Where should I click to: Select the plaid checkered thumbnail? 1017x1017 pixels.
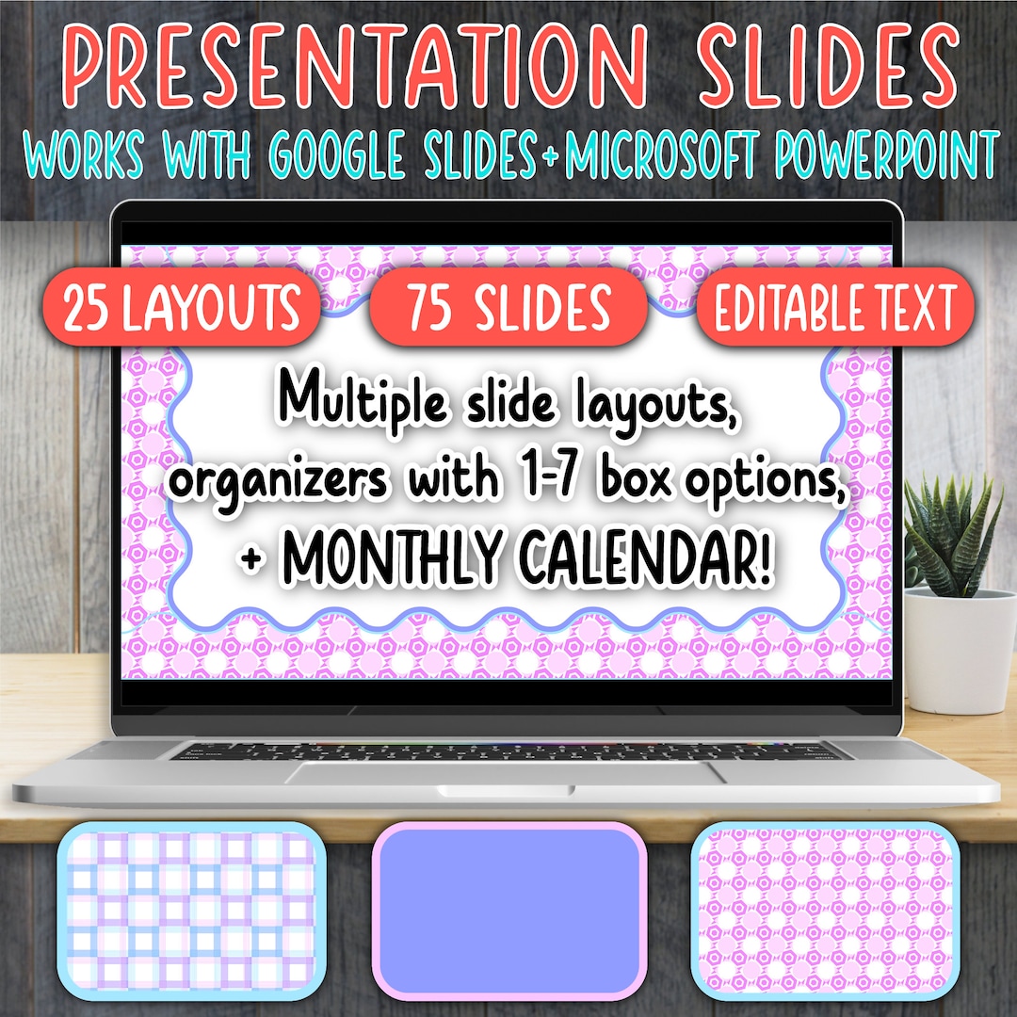[x=186, y=909]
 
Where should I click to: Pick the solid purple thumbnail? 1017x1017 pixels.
[x=509, y=910]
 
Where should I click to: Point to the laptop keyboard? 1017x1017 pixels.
[x=508, y=751]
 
